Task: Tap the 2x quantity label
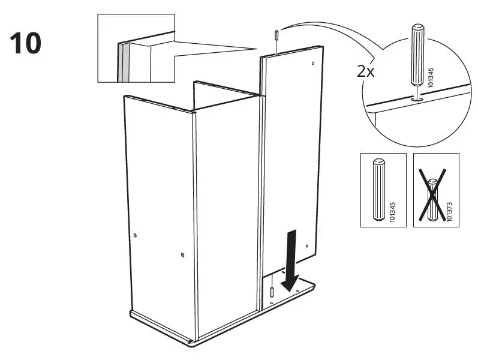366,71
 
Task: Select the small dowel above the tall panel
275,34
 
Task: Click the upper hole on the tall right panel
313,63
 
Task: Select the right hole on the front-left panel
182,256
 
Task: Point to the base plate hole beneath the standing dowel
271,304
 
